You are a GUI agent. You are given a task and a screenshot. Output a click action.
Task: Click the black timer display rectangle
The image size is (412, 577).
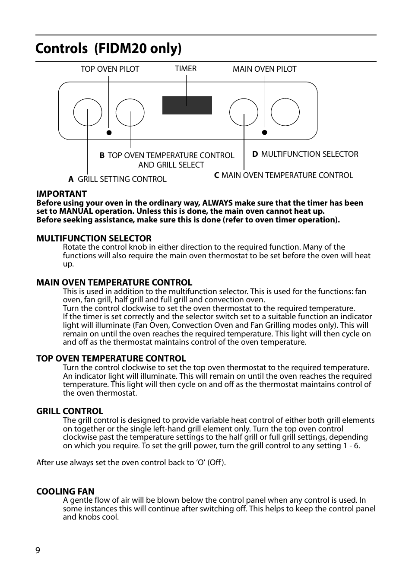click(187, 105)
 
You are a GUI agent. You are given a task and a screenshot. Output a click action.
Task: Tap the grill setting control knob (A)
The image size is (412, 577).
click(88, 112)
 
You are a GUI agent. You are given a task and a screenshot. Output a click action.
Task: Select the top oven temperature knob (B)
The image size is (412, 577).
click(130, 112)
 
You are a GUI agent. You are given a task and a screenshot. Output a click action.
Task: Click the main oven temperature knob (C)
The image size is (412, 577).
click(244, 112)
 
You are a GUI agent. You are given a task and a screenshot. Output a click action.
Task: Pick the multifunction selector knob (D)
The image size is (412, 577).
click(285, 112)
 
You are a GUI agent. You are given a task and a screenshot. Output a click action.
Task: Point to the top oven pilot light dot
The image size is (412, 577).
click(109, 133)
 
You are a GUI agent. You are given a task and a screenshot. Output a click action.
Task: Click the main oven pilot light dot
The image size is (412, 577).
click(265, 133)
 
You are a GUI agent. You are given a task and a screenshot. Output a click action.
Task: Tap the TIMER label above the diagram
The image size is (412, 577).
click(186, 69)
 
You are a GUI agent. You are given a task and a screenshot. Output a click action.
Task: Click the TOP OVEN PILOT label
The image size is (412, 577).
click(110, 69)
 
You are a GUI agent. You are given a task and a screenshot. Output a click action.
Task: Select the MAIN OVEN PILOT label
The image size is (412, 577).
click(264, 69)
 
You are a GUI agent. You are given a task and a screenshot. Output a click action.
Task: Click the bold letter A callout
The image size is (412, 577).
click(71, 179)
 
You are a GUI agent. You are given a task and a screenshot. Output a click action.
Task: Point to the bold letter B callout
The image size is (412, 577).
click(102, 155)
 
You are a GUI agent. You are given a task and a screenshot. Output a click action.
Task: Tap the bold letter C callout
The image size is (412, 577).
click(217, 175)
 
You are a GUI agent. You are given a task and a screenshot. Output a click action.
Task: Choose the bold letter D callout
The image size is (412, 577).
click(255, 154)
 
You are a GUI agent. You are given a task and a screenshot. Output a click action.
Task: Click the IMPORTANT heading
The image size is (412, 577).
click(61, 194)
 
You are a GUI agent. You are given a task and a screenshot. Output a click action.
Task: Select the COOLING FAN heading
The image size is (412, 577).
click(65, 491)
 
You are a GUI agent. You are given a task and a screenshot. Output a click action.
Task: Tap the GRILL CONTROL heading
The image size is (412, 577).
click(70, 411)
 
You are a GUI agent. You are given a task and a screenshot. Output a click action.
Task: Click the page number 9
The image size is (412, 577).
click(38, 550)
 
